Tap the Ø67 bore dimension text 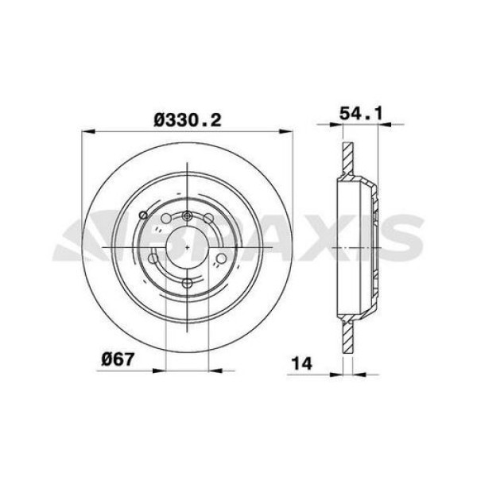click(x=116, y=358)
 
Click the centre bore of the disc click(x=186, y=248)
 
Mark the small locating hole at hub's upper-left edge click(x=142, y=215)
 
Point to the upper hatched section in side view click(x=346, y=159)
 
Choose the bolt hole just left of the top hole click(x=165, y=222)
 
